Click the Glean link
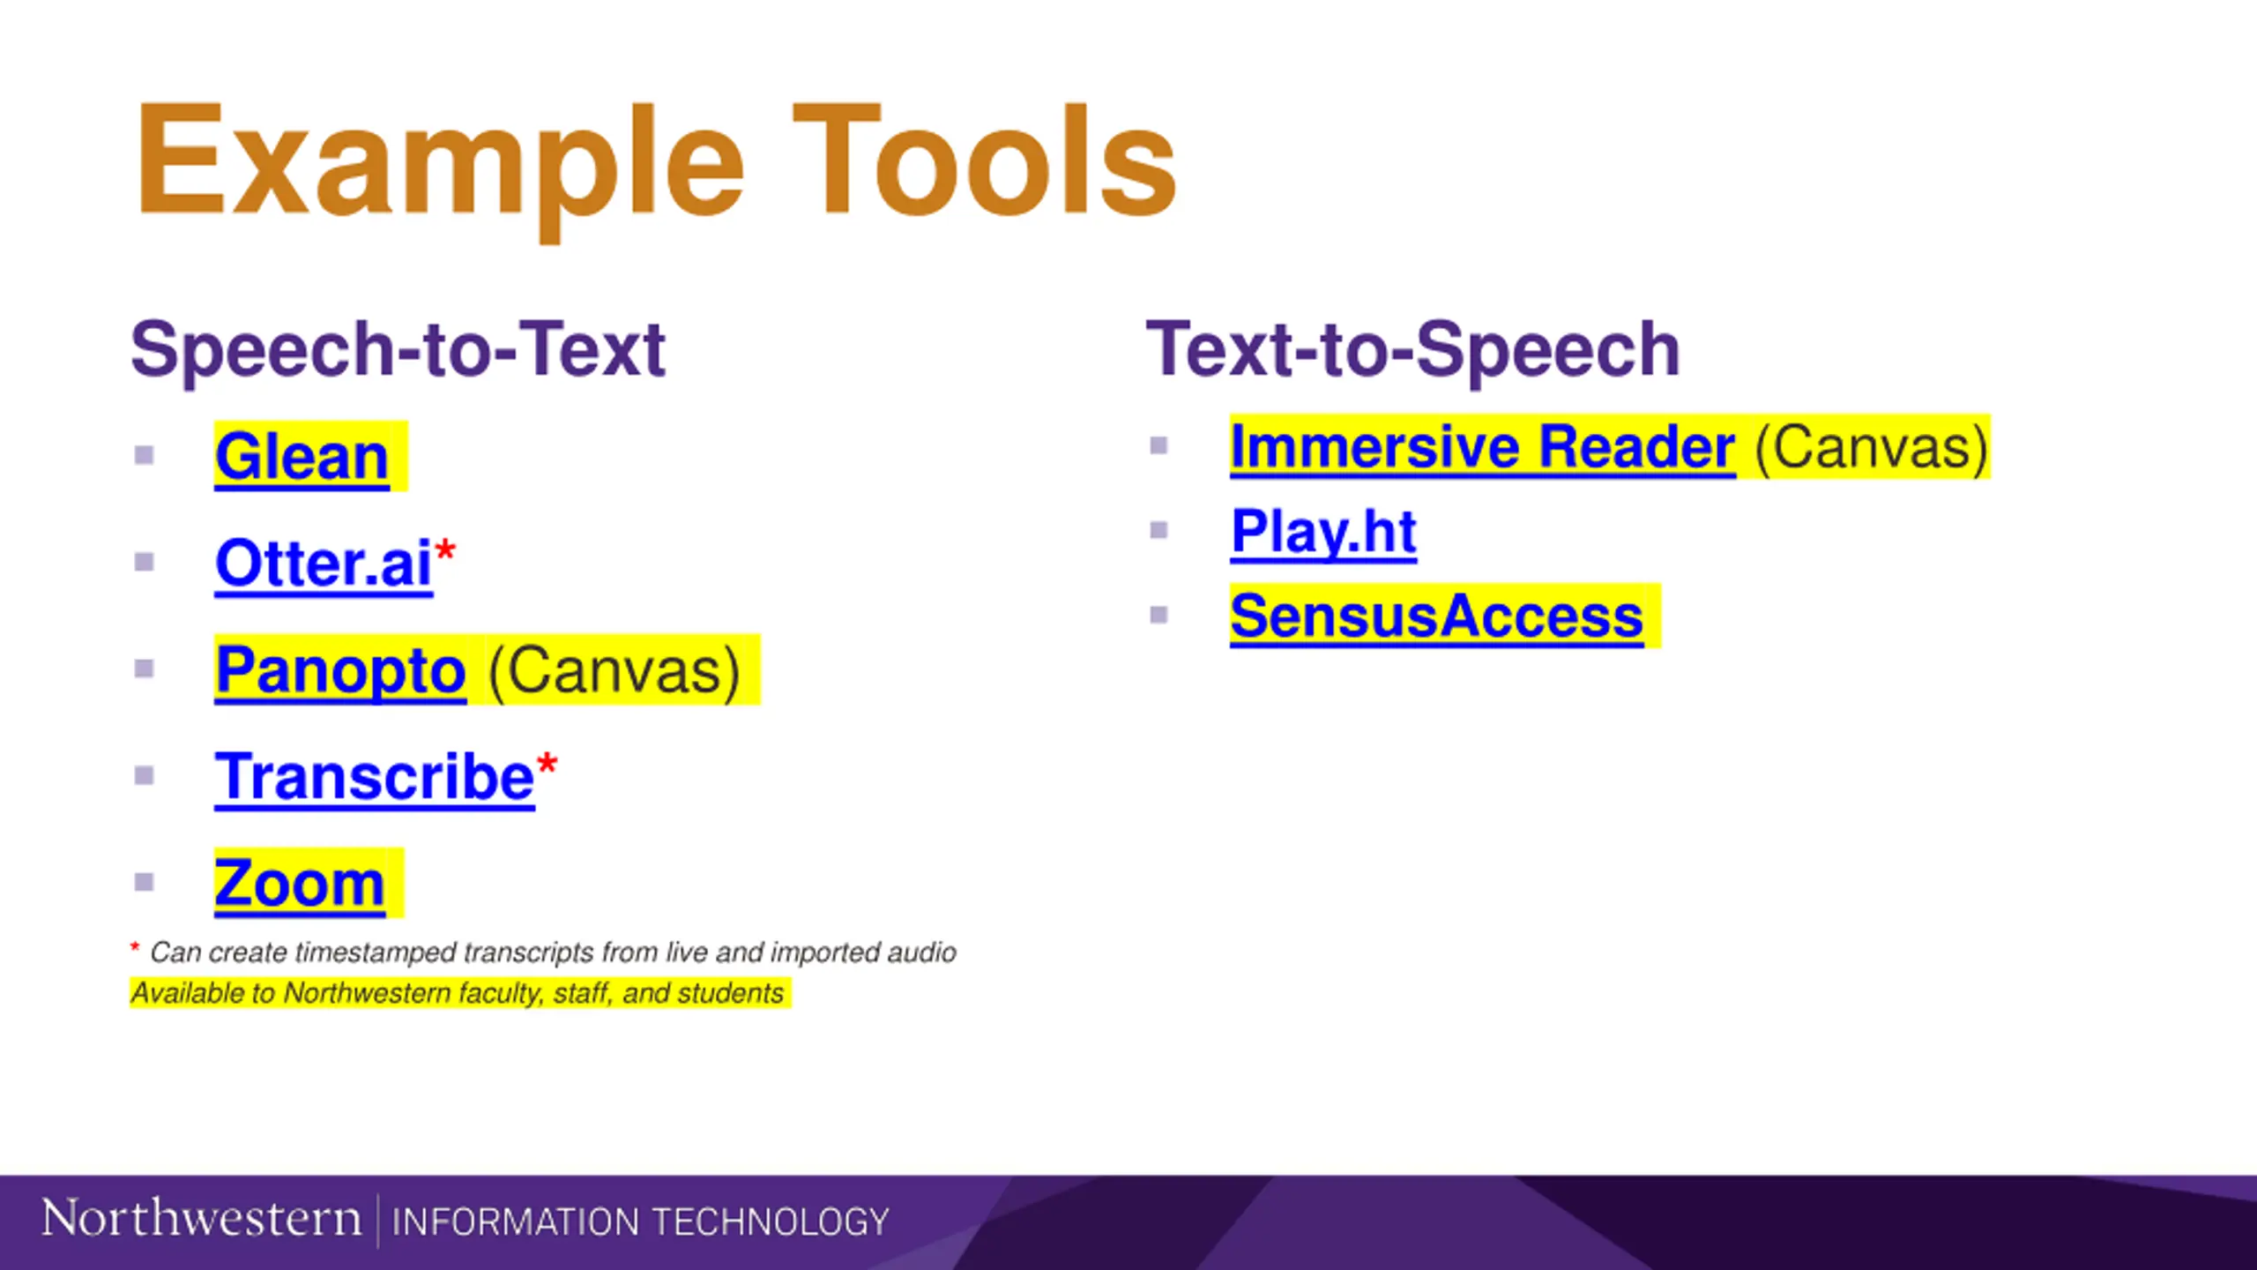(x=302, y=457)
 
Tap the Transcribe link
(x=375, y=777)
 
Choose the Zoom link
(x=300, y=884)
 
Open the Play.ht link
(x=1324, y=532)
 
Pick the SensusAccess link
(x=1437, y=616)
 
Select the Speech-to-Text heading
(x=398, y=351)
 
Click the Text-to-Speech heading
(x=1412, y=351)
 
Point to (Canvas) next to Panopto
(x=614, y=672)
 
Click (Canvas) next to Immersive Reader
(x=1872, y=448)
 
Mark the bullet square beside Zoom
(x=145, y=882)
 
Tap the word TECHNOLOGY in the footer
(x=771, y=1222)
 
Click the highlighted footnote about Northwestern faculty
(x=458, y=994)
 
